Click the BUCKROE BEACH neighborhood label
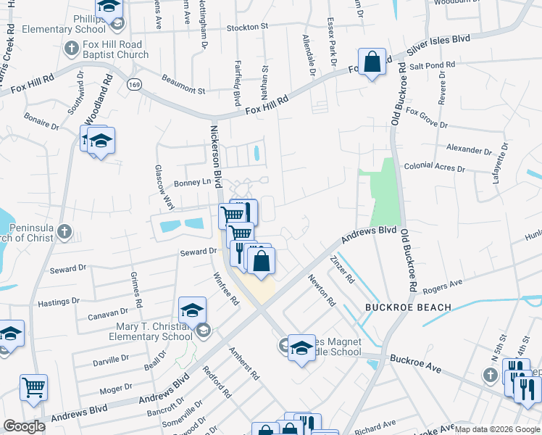[x=408, y=307]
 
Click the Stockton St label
[x=247, y=27]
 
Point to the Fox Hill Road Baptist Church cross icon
[x=71, y=49]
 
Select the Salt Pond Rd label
[x=431, y=65]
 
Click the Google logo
[x=25, y=426]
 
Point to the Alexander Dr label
[x=468, y=149]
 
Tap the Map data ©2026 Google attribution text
[x=497, y=429]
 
